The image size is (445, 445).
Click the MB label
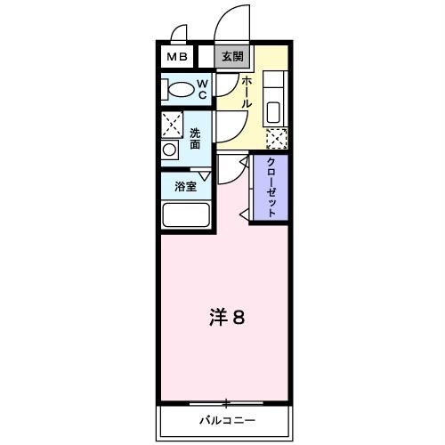(174, 57)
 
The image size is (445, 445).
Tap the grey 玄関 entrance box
(233, 57)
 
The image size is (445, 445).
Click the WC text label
(203, 89)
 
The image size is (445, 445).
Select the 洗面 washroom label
(195, 138)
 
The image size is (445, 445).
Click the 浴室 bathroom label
(184, 188)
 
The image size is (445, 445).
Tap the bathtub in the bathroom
(185, 216)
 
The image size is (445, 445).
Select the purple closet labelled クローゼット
(269, 189)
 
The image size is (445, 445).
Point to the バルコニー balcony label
(226, 418)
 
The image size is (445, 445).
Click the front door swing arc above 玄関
(230, 21)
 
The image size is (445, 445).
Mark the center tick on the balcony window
(226, 403)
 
